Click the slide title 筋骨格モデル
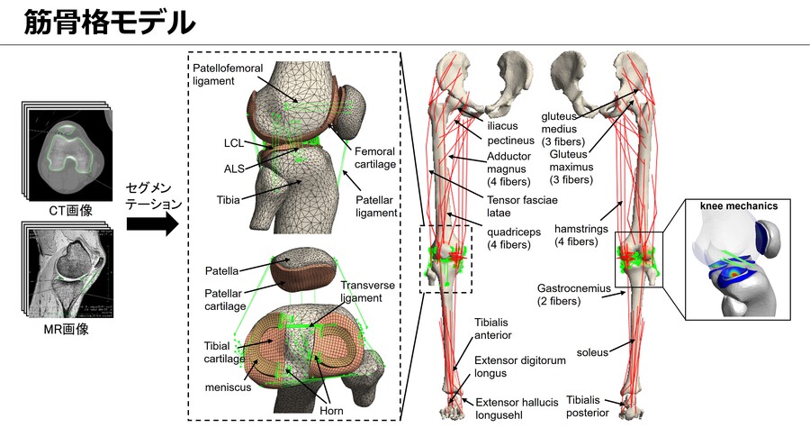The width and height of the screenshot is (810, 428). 110,23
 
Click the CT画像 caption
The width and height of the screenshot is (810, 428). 71,210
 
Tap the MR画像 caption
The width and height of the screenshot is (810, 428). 66,329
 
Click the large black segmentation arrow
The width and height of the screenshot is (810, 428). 152,223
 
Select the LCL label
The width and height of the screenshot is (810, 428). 233,142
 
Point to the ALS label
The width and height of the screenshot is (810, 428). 234,168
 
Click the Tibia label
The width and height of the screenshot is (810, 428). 228,199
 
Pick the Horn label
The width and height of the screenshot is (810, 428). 331,410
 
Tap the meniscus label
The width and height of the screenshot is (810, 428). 228,387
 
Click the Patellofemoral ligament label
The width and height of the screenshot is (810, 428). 228,75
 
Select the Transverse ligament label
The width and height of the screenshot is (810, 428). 367,292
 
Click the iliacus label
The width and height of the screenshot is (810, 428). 502,125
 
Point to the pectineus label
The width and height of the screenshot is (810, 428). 510,140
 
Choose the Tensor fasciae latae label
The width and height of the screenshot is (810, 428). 522,206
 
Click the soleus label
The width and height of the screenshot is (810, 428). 592,352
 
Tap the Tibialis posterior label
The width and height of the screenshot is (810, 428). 588,406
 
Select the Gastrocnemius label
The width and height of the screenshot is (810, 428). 574,295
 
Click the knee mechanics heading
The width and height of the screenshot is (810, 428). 739,205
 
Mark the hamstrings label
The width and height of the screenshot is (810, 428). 581,235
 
